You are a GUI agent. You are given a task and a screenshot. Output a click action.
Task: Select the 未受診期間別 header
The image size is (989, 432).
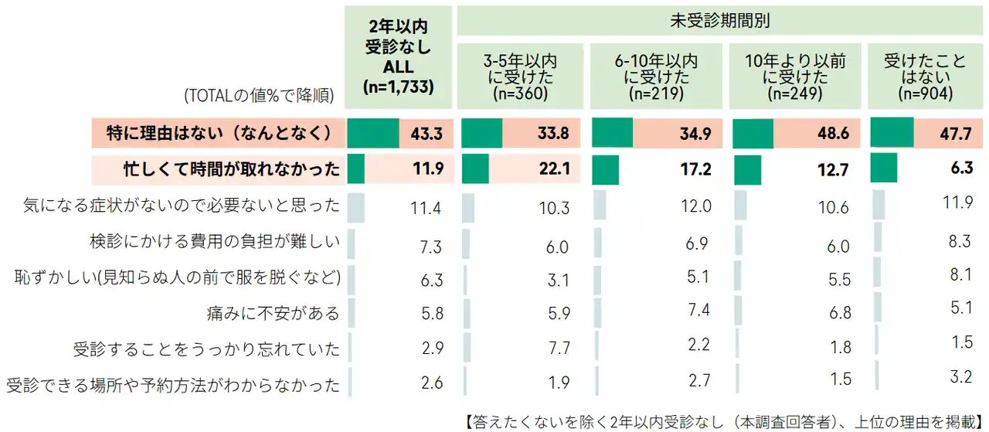pos(719,21)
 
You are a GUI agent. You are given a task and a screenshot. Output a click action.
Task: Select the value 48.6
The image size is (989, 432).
pos(833,134)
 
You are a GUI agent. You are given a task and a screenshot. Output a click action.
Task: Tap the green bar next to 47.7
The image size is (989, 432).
pos(892,132)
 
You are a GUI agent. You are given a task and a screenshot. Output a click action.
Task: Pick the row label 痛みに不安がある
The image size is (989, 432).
pos(285,313)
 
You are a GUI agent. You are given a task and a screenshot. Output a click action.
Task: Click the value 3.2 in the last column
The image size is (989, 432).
pos(960,378)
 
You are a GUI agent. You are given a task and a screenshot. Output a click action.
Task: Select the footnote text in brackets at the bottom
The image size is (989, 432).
pos(724,422)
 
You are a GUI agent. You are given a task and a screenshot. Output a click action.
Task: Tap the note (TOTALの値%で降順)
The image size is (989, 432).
pos(259,96)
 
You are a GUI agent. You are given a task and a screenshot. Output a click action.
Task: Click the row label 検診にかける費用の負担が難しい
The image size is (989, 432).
pos(215,243)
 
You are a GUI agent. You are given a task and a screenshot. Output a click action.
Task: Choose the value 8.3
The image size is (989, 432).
pos(960,242)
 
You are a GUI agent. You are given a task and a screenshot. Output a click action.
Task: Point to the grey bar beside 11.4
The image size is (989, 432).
pos(355,206)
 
